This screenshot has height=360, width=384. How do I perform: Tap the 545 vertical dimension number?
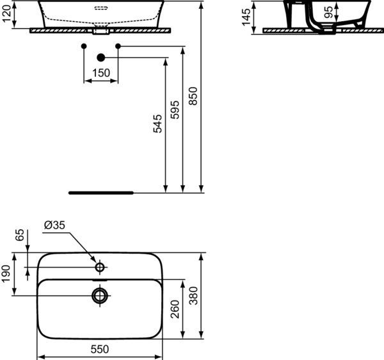click(158, 124)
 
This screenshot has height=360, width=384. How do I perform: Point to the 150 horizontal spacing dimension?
click(100, 73)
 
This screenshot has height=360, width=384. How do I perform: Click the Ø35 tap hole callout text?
click(55, 225)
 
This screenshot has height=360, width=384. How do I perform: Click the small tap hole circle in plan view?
click(100, 266)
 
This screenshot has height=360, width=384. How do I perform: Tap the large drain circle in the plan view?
click(100, 295)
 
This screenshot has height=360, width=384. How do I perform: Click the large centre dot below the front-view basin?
click(100, 58)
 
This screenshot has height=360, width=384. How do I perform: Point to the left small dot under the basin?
click(84, 45)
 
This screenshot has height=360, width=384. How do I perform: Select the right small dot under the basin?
click(118, 45)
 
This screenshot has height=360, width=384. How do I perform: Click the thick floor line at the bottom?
click(100, 192)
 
